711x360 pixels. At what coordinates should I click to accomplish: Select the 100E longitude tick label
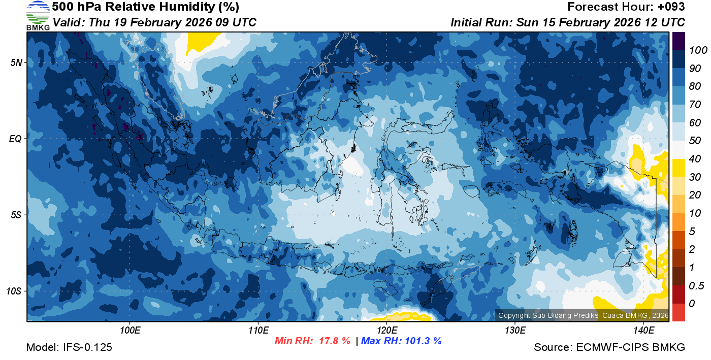pyautogui.click(x=130, y=331)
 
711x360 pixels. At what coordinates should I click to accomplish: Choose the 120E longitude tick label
pyautogui.click(x=387, y=331)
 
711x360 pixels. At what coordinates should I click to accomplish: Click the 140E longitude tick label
pyautogui.click(x=643, y=331)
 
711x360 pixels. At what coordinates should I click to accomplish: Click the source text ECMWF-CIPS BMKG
pyautogui.click(x=631, y=347)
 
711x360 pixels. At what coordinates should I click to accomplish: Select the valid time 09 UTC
pyautogui.click(x=234, y=22)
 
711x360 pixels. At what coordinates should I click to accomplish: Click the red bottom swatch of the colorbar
pyautogui.click(x=678, y=312)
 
